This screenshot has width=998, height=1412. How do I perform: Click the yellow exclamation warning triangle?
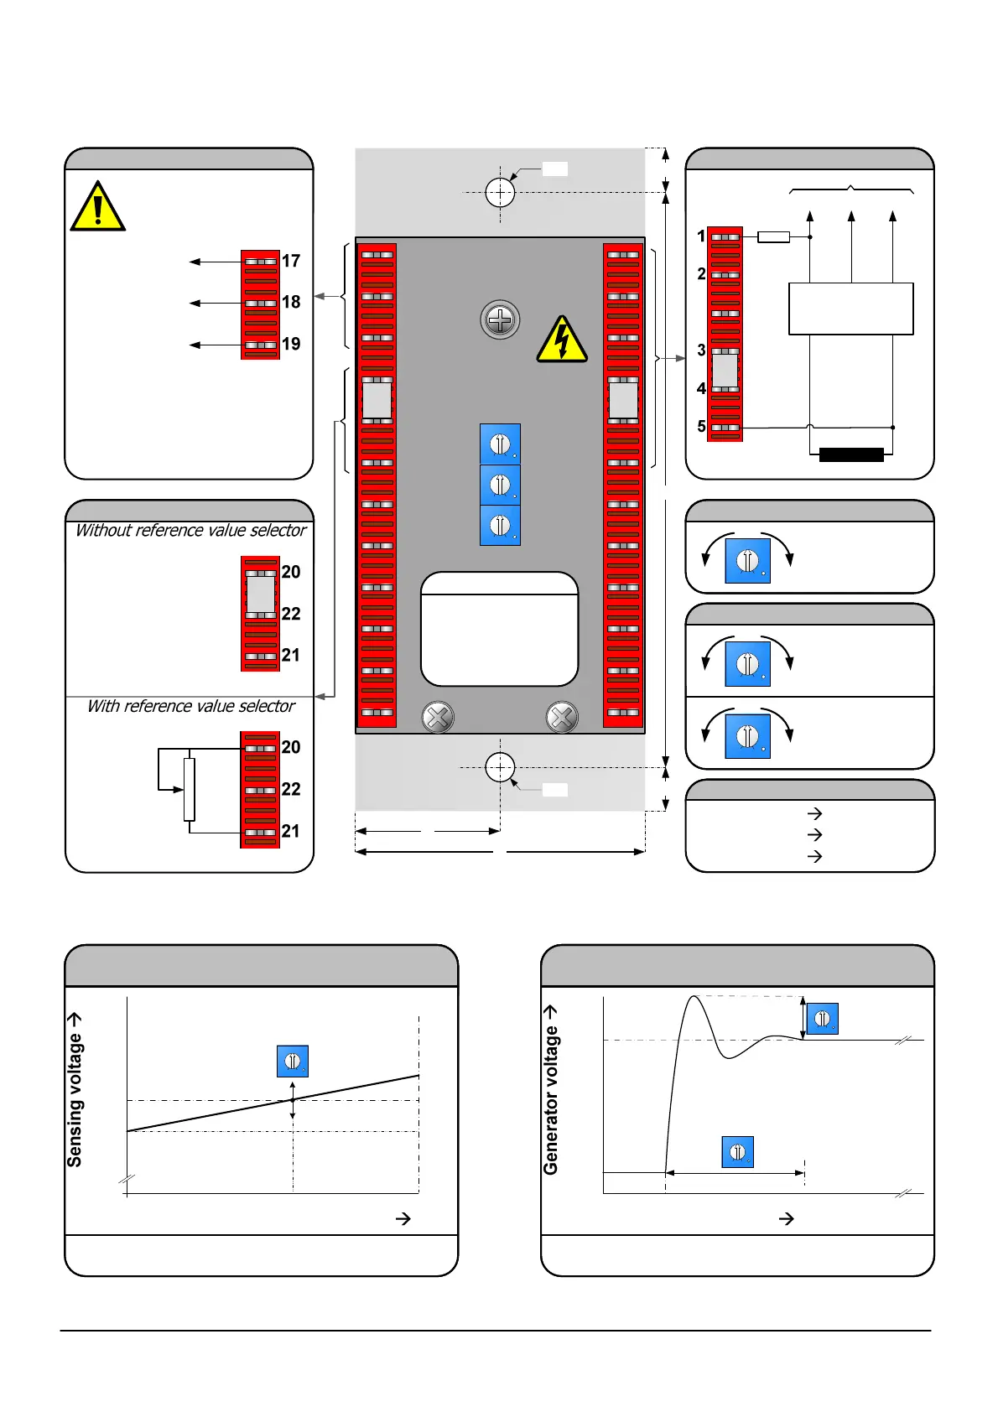click(x=98, y=207)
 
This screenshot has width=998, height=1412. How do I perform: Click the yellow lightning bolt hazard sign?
click(x=562, y=340)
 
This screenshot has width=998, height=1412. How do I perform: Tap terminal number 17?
click(x=290, y=261)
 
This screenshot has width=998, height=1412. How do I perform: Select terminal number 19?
click(x=290, y=344)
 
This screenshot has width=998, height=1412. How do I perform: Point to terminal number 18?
click(x=290, y=302)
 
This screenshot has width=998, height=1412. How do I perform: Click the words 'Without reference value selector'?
click(x=191, y=530)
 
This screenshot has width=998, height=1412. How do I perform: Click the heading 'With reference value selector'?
click(x=191, y=706)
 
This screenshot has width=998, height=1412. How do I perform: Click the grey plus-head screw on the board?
click(x=500, y=319)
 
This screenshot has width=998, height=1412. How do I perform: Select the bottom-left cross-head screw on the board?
click(x=437, y=717)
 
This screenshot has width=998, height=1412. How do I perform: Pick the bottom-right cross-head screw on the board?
click(x=562, y=717)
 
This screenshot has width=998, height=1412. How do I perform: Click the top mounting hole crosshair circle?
click(x=500, y=192)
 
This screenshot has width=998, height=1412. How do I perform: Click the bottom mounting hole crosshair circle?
click(x=500, y=766)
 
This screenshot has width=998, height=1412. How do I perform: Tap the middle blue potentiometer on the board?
click(x=500, y=485)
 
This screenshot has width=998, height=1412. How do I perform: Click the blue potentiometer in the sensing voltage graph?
click(x=293, y=1061)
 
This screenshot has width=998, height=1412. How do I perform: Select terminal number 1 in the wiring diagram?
click(x=702, y=236)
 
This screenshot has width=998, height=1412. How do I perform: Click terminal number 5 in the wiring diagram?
click(x=702, y=426)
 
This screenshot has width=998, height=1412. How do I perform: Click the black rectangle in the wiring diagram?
click(x=851, y=454)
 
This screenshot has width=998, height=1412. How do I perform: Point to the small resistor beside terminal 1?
click(x=773, y=237)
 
